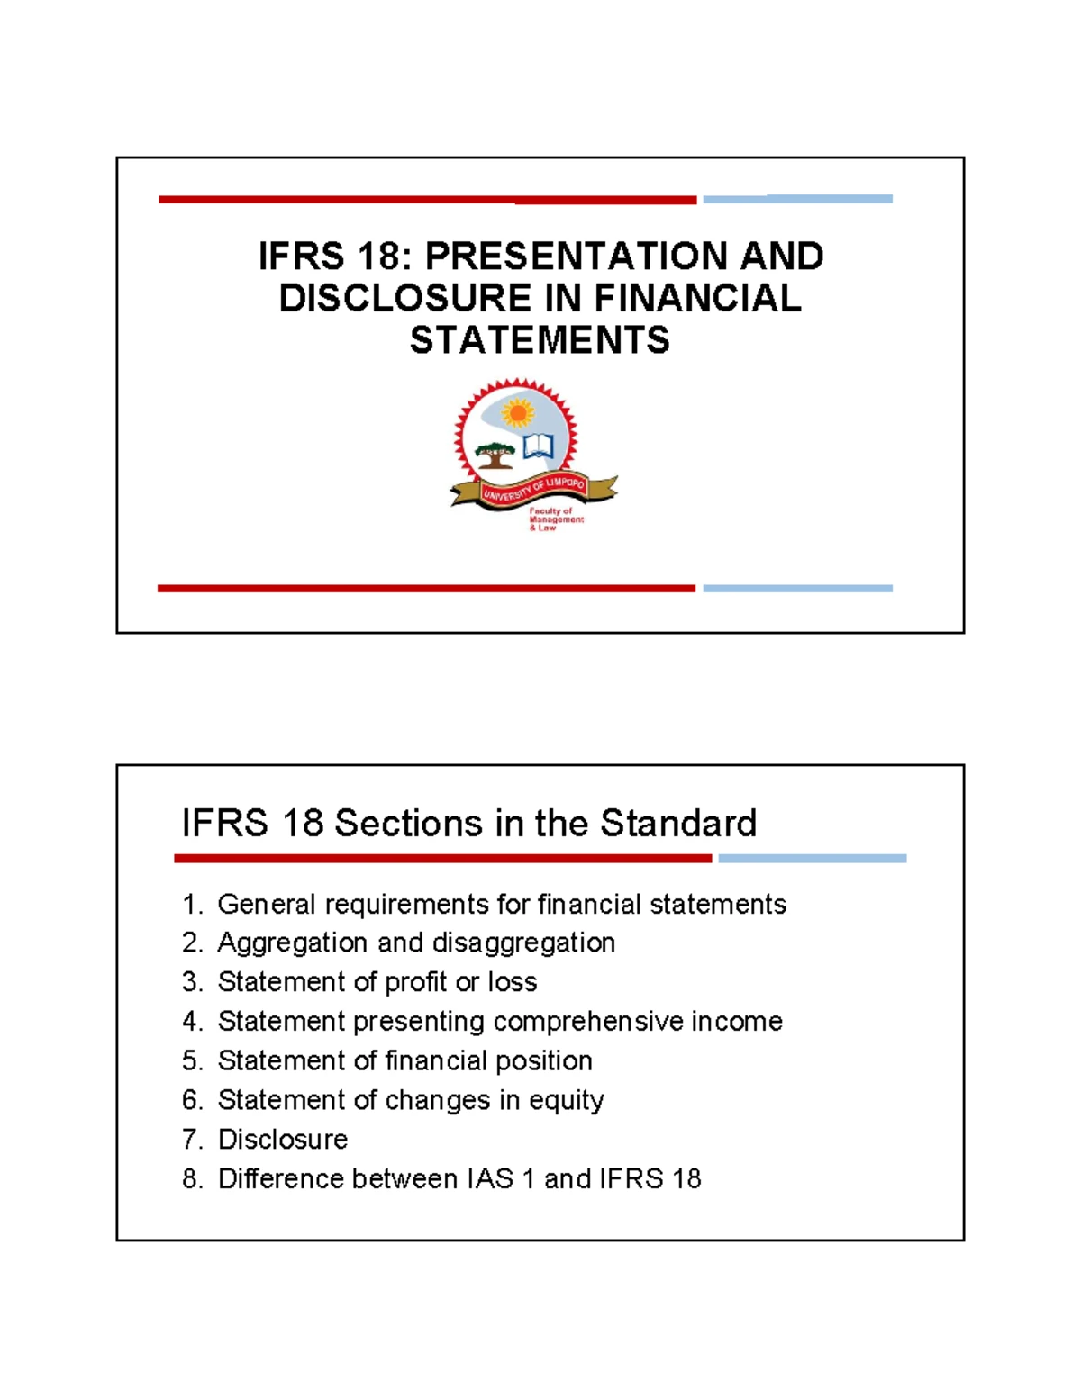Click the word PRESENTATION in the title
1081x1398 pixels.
coord(577,257)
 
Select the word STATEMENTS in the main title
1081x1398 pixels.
coord(540,340)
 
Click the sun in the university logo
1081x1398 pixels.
coord(517,413)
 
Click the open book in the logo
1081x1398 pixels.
coord(538,446)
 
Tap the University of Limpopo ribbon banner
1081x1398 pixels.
coord(535,490)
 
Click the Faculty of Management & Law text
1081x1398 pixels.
coord(555,519)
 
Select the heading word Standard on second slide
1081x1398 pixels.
coord(678,823)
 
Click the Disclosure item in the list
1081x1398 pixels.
coord(282,1140)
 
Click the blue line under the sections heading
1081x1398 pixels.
coord(812,859)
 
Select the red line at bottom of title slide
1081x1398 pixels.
coord(426,589)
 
